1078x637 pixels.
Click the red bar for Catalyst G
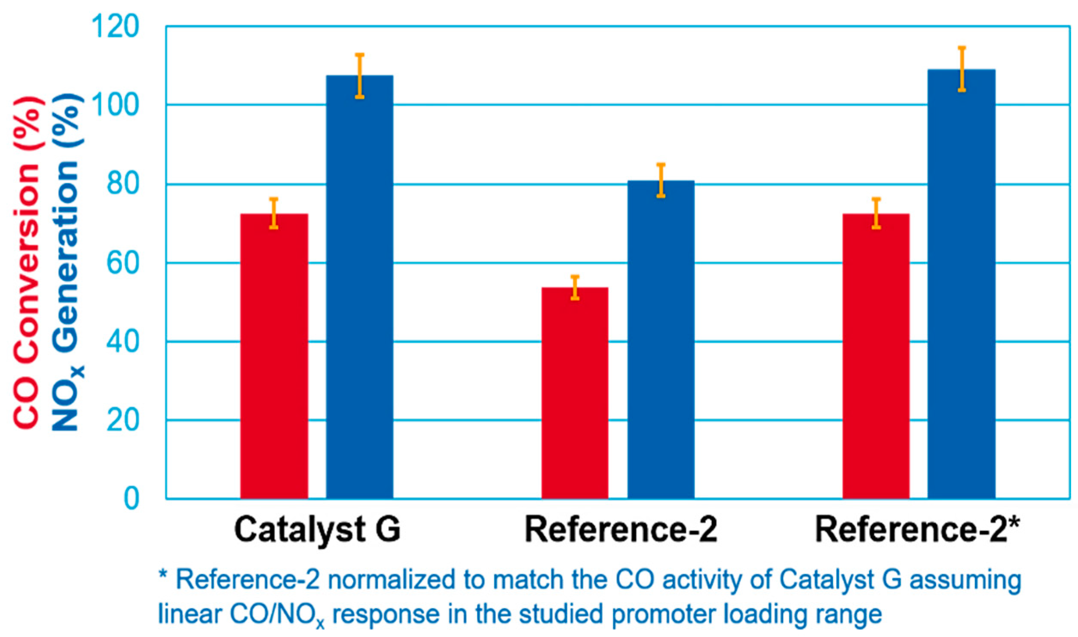click(x=274, y=357)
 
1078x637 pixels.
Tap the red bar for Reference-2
click(x=575, y=393)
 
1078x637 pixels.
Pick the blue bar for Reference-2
click(x=661, y=339)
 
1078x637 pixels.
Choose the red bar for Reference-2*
click(x=876, y=357)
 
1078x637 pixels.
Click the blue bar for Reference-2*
click(x=962, y=283)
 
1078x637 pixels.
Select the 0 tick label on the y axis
click(x=131, y=499)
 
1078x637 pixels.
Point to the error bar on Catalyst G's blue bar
click(x=359, y=76)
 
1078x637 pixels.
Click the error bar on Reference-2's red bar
click(x=575, y=287)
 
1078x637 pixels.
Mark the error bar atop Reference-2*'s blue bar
click(x=962, y=69)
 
